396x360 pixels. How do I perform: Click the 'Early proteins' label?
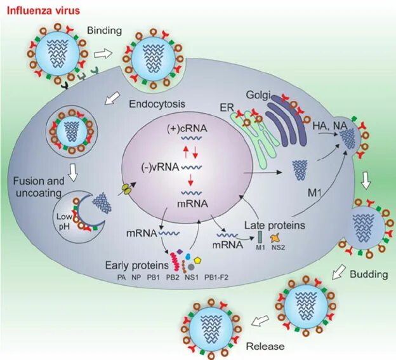tap(137, 264)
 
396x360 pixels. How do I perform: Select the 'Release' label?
tap(267, 346)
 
